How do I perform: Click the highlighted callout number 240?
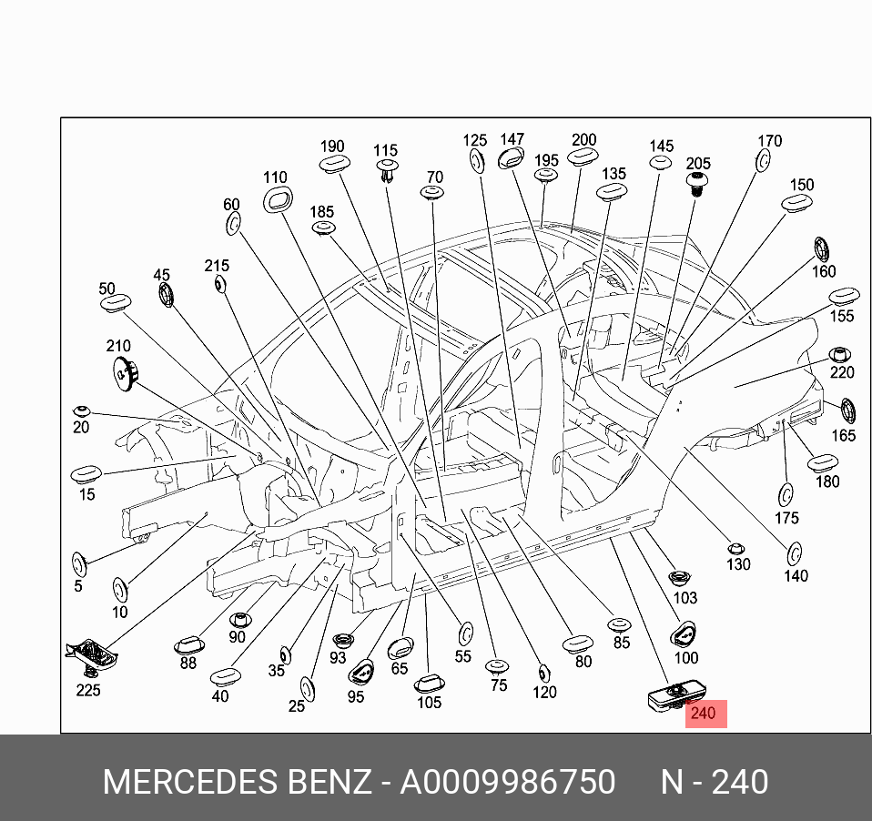(704, 715)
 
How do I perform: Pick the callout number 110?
(275, 178)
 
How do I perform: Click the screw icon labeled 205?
(698, 182)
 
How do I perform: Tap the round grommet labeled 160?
(821, 248)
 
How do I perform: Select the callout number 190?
(332, 147)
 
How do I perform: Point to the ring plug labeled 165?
(846, 410)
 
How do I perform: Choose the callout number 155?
(842, 316)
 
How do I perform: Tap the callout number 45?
(161, 275)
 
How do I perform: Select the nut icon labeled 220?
(839, 354)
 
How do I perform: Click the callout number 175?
(787, 518)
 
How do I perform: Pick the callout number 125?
(475, 140)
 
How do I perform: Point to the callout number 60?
(231, 205)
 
